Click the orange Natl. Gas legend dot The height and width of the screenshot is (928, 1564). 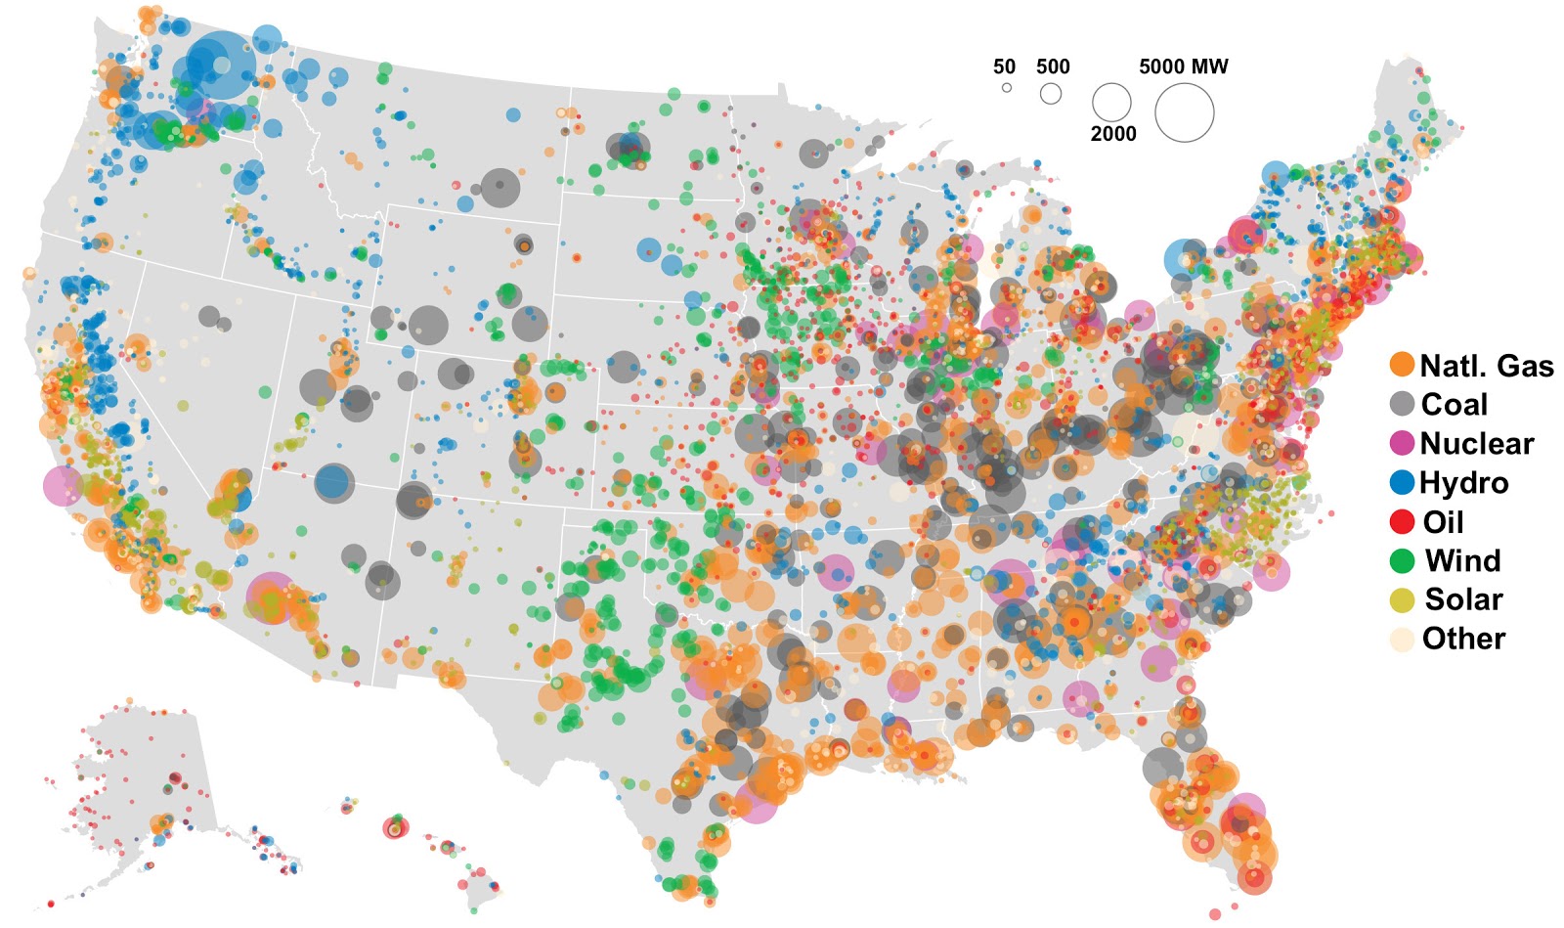pyautogui.click(x=1402, y=365)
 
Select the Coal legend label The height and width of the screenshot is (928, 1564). pyautogui.click(x=1454, y=404)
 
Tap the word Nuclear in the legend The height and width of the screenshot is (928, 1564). pyautogui.click(x=1476, y=443)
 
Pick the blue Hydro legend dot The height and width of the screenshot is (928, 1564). pyautogui.click(x=1402, y=482)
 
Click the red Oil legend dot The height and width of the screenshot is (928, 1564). pyautogui.click(x=1402, y=521)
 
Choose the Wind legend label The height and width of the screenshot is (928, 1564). pyautogui.click(x=1462, y=560)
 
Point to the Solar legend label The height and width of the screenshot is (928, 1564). pyautogui.click(x=1463, y=598)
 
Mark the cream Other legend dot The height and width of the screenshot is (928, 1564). pyautogui.click(x=1402, y=639)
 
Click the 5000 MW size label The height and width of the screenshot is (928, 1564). pyautogui.click(x=1183, y=66)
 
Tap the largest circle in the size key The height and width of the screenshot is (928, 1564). pyautogui.click(x=1184, y=112)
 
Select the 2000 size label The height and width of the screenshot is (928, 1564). pyautogui.click(x=1113, y=134)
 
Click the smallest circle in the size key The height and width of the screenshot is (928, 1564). pyautogui.click(x=1006, y=88)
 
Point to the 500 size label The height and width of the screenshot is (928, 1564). pyautogui.click(x=1053, y=66)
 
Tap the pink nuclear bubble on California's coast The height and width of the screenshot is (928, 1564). pyautogui.click(x=64, y=485)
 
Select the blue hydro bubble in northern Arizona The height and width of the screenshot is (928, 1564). pyautogui.click(x=333, y=482)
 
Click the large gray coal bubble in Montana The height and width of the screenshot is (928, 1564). pyautogui.click(x=500, y=187)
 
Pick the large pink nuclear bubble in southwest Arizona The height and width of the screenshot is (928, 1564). pyautogui.click(x=270, y=597)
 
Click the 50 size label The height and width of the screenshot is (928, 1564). pyautogui.click(x=1004, y=66)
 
